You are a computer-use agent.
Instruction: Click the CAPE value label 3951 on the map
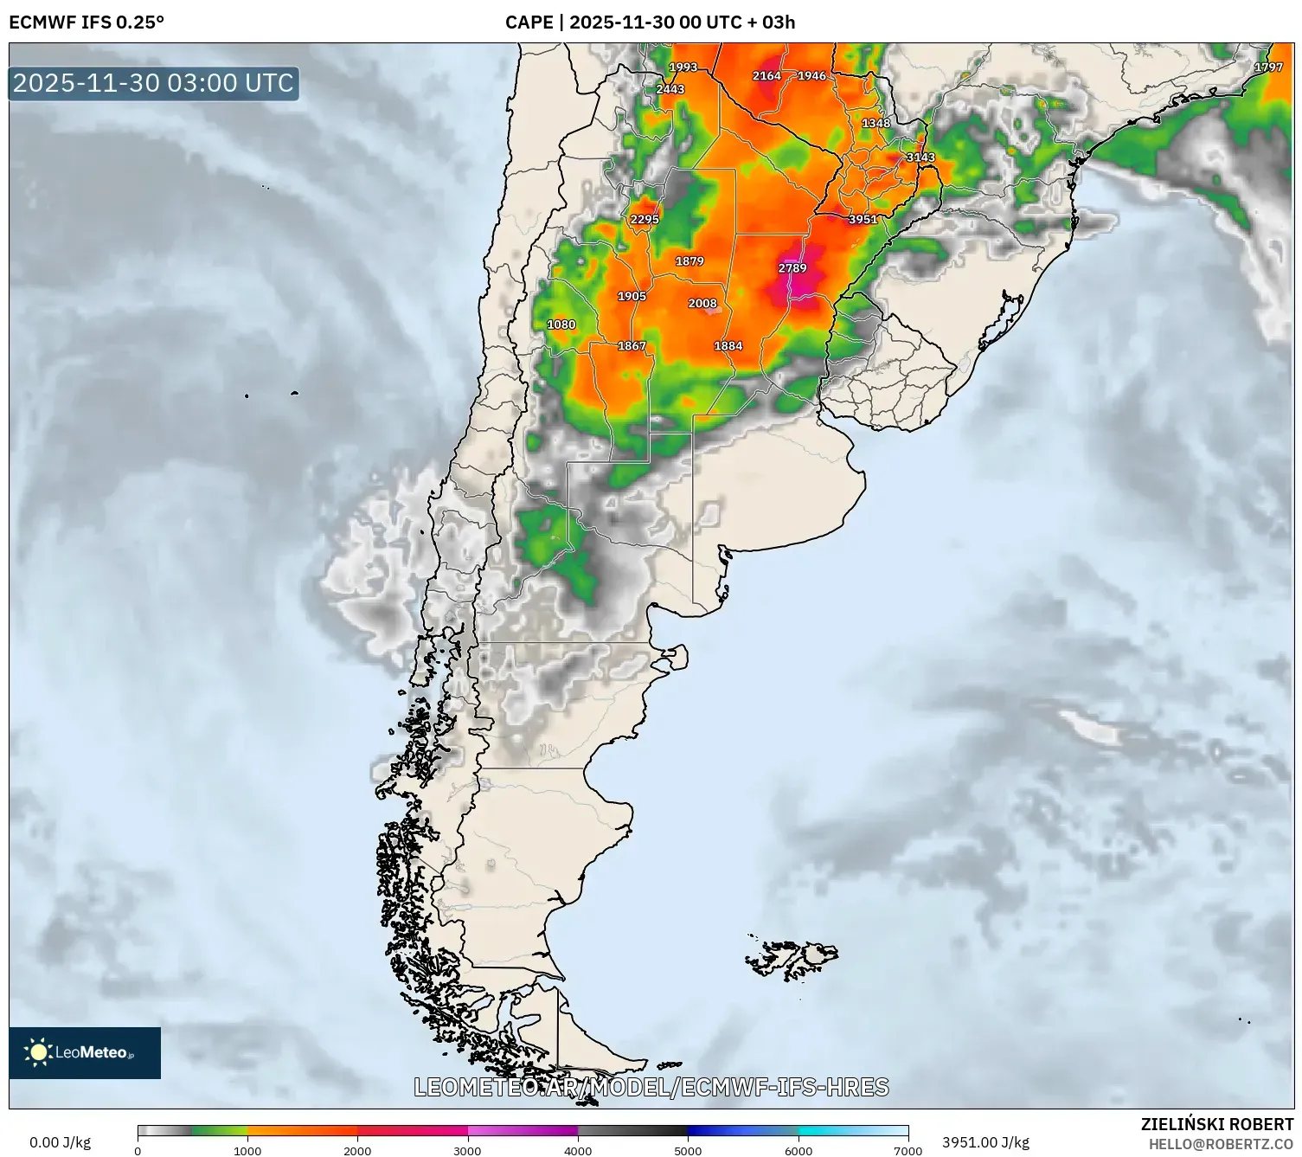coord(863,220)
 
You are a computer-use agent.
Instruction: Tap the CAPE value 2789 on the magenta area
coord(792,268)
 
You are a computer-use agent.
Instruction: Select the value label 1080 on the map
coord(561,325)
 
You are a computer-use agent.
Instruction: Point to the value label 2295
coord(645,220)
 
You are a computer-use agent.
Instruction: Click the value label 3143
coord(920,157)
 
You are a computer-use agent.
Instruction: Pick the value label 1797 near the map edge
coord(1268,67)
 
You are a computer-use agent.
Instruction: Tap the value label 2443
coord(670,89)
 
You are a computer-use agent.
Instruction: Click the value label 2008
coord(702,304)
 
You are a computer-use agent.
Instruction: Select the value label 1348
coord(875,124)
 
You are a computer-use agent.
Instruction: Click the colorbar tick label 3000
coord(467,1151)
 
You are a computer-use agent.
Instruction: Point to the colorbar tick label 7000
coord(908,1151)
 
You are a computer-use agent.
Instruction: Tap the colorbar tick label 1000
coord(247,1151)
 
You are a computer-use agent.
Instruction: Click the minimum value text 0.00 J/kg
coord(61,1142)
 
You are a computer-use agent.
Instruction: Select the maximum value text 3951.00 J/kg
coord(985,1142)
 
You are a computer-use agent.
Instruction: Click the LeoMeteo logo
coord(85,1052)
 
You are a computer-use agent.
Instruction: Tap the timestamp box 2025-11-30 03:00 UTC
coord(154,83)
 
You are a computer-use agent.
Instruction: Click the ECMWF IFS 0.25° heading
coord(87,22)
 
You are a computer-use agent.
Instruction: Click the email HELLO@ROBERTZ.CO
coord(1221,1144)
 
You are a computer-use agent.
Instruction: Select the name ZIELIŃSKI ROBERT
coord(1217,1124)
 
